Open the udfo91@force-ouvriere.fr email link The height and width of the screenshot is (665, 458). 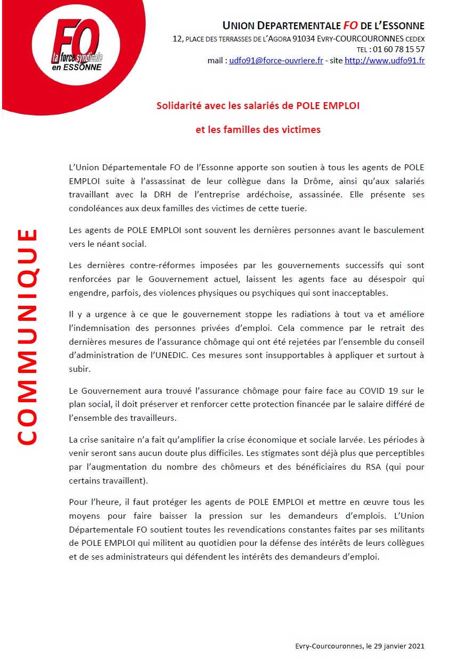click(276, 61)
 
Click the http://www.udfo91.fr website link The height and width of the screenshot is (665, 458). click(385, 61)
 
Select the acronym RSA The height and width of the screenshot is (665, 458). click(347, 467)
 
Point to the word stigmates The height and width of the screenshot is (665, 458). click(285, 453)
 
